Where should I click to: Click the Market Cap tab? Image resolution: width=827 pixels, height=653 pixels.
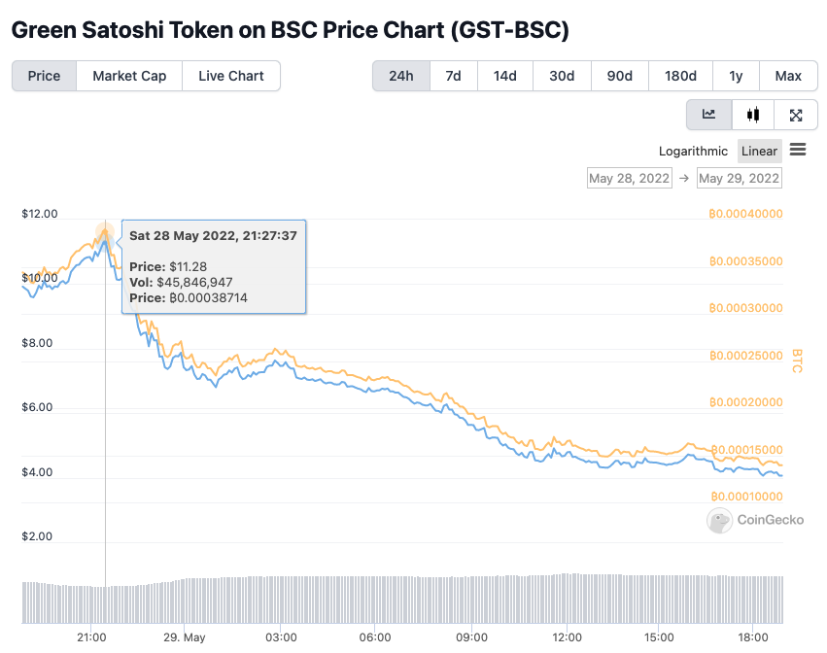(129, 76)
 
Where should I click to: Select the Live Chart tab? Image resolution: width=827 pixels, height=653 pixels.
(231, 76)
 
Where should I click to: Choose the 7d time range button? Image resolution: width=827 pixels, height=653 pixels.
(453, 76)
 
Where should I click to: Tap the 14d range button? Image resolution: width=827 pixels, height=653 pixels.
(505, 76)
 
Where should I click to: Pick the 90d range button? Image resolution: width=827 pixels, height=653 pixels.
(620, 76)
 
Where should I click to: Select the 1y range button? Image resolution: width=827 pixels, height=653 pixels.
(736, 76)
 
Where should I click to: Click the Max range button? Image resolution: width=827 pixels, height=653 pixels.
(788, 76)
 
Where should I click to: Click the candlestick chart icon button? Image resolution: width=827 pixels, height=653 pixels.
(753, 115)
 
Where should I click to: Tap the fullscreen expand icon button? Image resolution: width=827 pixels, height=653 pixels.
(796, 115)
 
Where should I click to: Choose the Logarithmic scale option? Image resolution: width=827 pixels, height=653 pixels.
(693, 151)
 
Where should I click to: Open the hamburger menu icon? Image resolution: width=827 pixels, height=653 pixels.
(798, 150)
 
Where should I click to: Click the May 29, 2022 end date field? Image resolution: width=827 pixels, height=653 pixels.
(740, 179)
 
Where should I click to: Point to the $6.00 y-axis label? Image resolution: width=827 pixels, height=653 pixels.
(40, 407)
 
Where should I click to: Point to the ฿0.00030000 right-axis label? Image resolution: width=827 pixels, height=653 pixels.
(744, 307)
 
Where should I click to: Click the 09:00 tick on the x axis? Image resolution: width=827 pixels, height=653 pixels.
(471, 637)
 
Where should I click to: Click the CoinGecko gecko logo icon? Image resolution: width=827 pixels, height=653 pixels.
(719, 520)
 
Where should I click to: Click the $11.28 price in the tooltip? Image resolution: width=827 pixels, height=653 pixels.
(188, 266)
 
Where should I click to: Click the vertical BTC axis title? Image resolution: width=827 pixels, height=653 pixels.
(797, 361)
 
